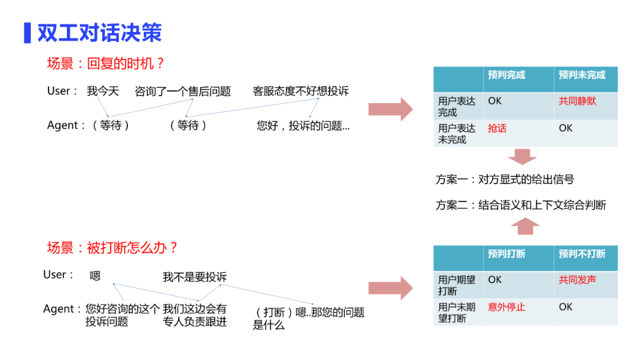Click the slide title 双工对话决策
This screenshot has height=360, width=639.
point(99,33)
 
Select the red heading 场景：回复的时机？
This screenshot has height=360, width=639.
point(106,63)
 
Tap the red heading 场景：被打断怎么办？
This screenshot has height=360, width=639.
point(112,247)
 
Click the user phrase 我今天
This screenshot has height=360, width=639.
point(103,91)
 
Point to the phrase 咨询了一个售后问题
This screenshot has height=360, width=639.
point(183,91)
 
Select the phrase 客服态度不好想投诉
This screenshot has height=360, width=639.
point(301,91)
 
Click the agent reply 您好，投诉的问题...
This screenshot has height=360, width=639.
point(303,126)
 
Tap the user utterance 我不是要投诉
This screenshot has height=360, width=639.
point(195,277)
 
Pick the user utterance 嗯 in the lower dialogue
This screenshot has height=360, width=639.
point(95,276)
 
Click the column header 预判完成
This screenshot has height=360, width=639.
point(506,75)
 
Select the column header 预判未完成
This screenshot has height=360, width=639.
point(582,75)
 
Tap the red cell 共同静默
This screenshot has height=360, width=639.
point(577,101)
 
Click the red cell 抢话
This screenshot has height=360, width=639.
point(497,128)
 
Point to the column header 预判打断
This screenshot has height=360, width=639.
point(506,254)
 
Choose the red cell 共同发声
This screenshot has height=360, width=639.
point(577,279)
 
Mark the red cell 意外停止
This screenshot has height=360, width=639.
point(506,307)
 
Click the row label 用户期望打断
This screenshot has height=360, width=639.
point(457,285)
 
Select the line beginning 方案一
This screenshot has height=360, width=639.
point(505,179)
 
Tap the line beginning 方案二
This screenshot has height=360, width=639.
point(521,205)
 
